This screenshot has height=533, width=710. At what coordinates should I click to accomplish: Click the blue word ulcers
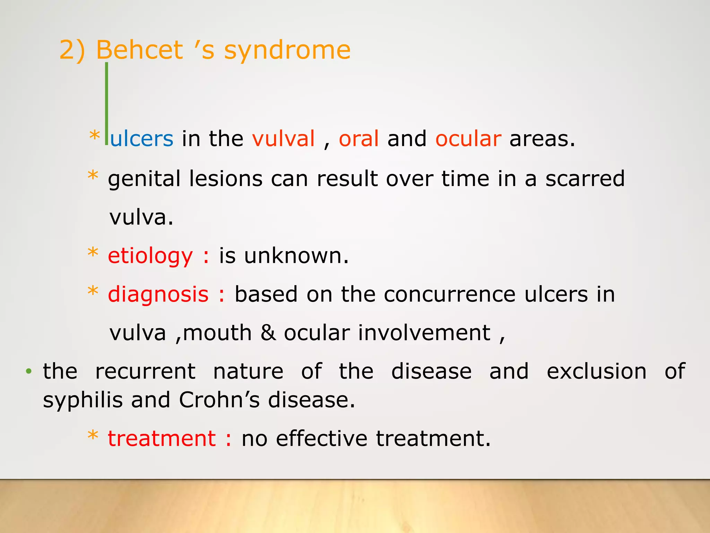(x=142, y=138)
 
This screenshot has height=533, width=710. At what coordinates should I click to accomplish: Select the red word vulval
(x=283, y=138)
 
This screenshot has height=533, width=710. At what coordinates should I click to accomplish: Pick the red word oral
(x=358, y=138)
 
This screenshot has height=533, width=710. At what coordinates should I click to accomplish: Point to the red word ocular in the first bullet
(x=468, y=138)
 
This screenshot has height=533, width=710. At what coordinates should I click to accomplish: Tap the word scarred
(x=585, y=178)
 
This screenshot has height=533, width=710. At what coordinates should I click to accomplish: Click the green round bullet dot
(x=29, y=372)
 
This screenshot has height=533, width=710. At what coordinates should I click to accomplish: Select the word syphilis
(x=83, y=400)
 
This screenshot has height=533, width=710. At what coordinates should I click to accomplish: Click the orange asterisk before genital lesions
(x=93, y=176)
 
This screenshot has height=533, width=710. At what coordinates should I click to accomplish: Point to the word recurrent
(x=145, y=371)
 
